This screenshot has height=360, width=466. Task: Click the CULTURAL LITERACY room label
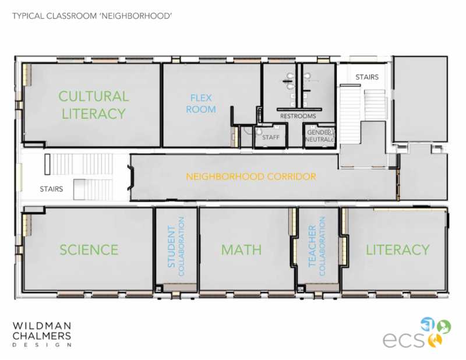coord(94,105)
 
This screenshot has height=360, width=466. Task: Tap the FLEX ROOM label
coord(201,104)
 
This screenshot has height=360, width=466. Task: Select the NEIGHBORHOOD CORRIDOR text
coord(251,177)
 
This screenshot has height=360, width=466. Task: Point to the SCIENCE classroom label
coord(89,250)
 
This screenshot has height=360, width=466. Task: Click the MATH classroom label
coord(241,250)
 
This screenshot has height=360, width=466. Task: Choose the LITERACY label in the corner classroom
coord(398,250)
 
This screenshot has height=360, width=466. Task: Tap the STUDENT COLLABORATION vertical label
coord(176,246)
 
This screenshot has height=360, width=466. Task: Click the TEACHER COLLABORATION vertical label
coord(317,246)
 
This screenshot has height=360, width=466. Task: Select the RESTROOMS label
coord(298,117)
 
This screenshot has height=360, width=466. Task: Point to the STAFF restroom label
coord(271,137)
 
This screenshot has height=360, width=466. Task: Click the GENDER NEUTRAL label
coord(320,136)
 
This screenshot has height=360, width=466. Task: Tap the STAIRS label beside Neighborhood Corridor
coord(51,189)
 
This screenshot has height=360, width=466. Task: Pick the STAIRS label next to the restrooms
coord(367,77)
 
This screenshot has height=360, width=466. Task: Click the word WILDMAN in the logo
coord(42,326)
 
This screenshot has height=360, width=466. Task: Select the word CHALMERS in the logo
coord(42,336)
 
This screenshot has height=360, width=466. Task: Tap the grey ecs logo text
coord(404,340)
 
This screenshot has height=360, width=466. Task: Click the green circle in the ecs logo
coord(444,327)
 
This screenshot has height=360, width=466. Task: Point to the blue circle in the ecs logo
coord(428,324)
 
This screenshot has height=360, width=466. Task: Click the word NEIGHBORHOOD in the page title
coord(136,16)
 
